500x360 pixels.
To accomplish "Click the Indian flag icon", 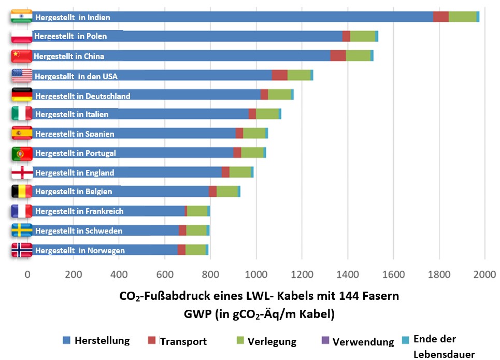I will (x=21, y=17).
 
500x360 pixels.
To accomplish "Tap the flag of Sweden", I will (x=22, y=230).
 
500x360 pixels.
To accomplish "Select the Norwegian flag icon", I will (x=22, y=250).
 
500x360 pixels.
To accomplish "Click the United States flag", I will (x=22, y=76).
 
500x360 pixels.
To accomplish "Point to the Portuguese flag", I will (x=22, y=153).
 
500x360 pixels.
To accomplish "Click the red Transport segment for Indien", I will (x=440, y=17).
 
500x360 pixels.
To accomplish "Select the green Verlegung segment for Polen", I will (x=362, y=36).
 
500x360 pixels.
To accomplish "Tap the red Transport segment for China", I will (x=338, y=55).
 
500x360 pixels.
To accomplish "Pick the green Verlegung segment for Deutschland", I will (x=279, y=94).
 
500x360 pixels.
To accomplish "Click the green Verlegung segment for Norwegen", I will (x=195, y=250).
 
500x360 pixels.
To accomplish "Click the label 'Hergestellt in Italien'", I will (x=72, y=114).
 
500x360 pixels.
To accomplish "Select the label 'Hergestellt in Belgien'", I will (x=73, y=192).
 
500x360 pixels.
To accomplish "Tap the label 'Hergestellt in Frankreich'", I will (x=79, y=211).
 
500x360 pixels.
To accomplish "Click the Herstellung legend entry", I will (x=96, y=341).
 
